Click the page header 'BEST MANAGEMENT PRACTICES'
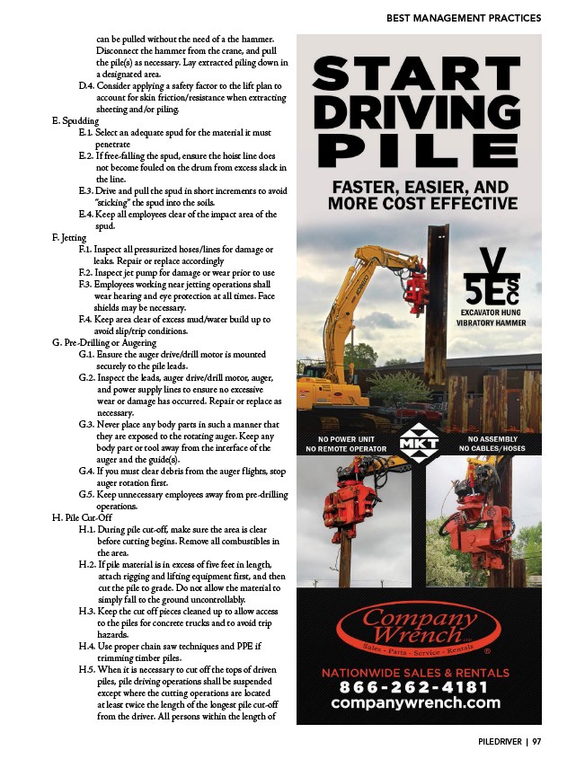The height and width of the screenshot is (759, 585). click(x=464, y=18)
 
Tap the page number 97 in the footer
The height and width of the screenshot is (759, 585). click(x=536, y=742)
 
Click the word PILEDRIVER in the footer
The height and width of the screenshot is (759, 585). click(x=500, y=742)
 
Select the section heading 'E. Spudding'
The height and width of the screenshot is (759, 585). click(x=75, y=121)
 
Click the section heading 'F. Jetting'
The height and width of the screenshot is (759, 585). click(x=69, y=238)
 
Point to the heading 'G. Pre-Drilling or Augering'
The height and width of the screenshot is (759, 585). click(x=104, y=343)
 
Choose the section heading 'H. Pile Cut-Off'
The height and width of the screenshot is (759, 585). click(x=82, y=517)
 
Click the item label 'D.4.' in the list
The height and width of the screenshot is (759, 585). click(x=86, y=86)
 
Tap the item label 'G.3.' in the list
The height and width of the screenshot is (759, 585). click(x=86, y=425)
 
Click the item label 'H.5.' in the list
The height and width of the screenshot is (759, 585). click(x=87, y=669)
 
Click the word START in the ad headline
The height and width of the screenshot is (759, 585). click(x=416, y=73)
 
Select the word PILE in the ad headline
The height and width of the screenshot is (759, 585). click(x=416, y=150)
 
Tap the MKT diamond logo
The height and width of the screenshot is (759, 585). click(x=419, y=443)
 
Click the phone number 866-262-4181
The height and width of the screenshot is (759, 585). click(x=413, y=687)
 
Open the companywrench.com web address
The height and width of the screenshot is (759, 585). click(x=415, y=702)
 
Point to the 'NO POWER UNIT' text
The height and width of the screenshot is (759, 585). click(x=346, y=439)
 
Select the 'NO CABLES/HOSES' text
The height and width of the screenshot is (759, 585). click(x=492, y=449)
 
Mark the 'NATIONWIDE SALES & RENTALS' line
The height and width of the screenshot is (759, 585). click(x=415, y=673)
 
